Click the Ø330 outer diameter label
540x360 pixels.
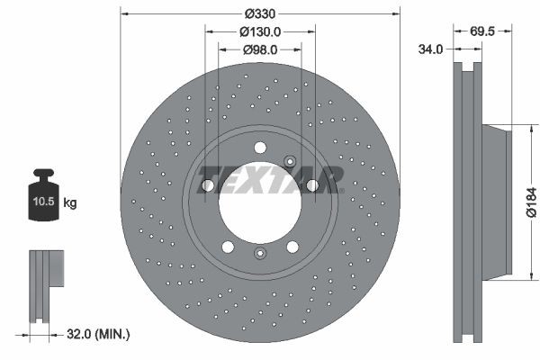point(260,13)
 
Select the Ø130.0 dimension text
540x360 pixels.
point(261,31)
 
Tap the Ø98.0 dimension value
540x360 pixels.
point(260,49)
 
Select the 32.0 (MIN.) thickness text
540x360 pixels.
point(100,335)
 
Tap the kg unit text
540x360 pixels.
point(70,203)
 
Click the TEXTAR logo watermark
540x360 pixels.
point(270,179)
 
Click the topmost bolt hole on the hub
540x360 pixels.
point(260,148)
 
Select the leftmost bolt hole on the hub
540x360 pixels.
point(208,185)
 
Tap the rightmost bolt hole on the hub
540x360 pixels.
point(312,185)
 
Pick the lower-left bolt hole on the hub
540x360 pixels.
point(228,247)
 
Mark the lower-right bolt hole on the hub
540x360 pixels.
point(292,247)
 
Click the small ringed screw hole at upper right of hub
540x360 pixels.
point(290,161)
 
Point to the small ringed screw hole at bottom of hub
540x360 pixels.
point(260,255)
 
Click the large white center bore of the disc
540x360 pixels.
point(260,202)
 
